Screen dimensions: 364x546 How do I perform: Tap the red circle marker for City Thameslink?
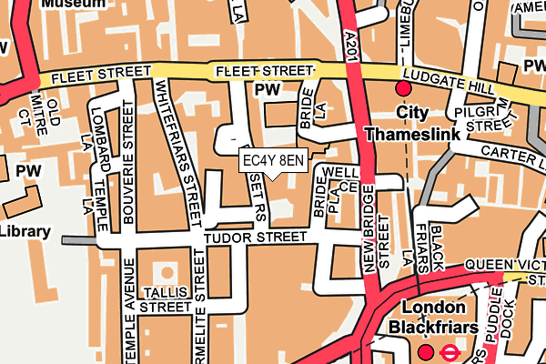pyautogui.click(x=403, y=88)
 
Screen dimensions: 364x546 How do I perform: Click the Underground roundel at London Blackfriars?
pyautogui.click(x=450, y=351)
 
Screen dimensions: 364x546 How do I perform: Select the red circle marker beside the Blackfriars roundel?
pyautogui.click(x=425, y=351)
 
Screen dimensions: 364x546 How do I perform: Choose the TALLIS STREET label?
pyautogui.click(x=166, y=299)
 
